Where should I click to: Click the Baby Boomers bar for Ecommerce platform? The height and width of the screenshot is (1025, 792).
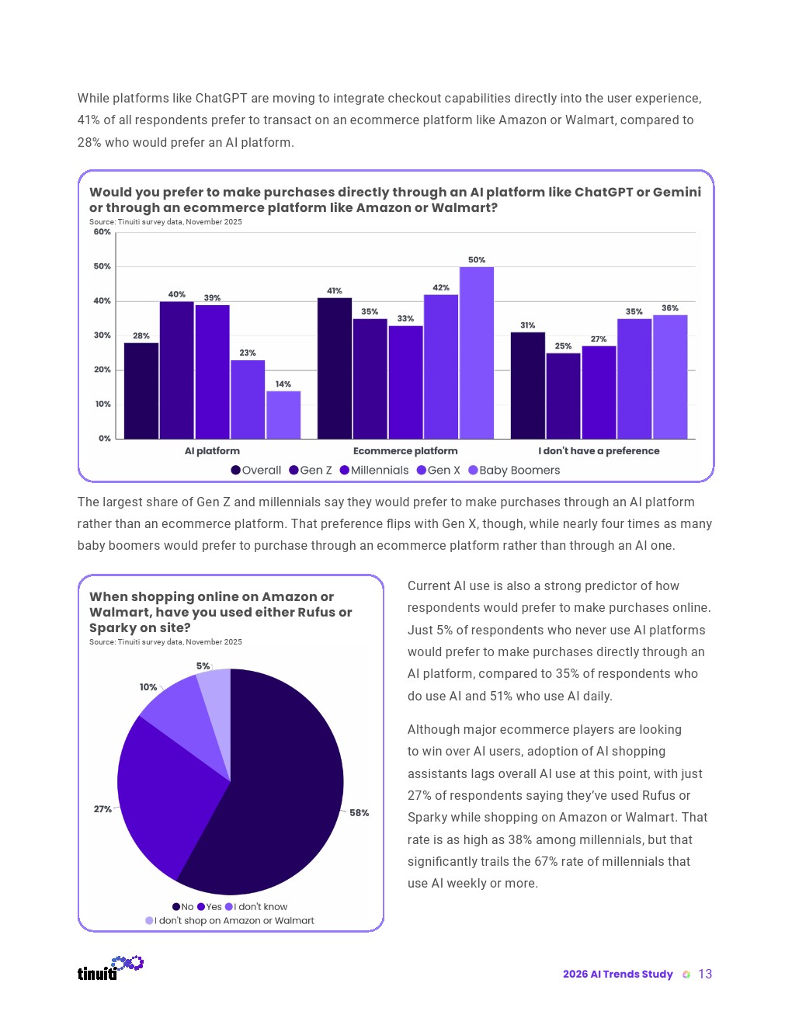[476, 353]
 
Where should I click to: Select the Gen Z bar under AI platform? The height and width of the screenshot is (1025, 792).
[176, 370]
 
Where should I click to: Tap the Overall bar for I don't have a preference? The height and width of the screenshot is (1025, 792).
[527, 385]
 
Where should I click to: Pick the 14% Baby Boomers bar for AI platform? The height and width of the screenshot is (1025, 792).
[283, 415]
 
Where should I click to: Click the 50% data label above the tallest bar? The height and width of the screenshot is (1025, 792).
[476, 260]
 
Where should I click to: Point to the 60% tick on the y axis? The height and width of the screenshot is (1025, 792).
[102, 232]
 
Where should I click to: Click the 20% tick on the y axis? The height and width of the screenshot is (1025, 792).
[102, 370]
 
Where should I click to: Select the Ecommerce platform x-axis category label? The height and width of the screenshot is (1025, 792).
[405, 451]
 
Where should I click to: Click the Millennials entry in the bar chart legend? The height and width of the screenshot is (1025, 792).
[374, 471]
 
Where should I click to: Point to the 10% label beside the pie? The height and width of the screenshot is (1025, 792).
[148, 687]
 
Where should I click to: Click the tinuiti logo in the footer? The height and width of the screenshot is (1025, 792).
[109, 968]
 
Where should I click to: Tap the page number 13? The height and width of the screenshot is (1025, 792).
[705, 975]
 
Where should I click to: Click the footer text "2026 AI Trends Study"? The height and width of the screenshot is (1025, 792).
[617, 975]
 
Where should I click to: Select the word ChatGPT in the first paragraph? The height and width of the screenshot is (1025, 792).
[221, 99]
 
